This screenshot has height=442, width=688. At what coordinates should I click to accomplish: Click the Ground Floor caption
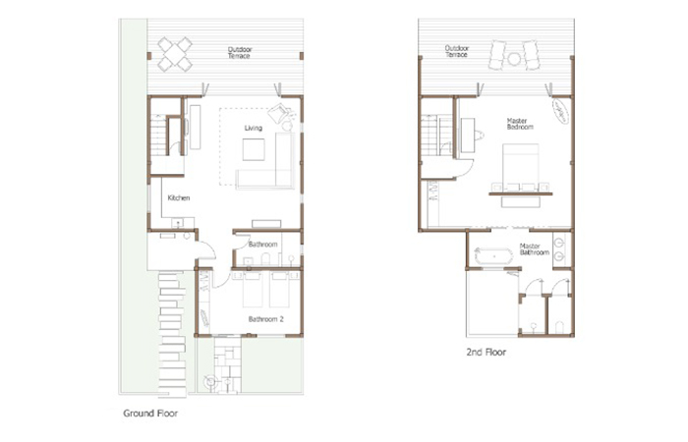150,414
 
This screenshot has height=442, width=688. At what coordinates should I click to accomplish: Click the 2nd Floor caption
487,352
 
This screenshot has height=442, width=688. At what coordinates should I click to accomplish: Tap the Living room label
254,128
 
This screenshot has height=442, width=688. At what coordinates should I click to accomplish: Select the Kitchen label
179,197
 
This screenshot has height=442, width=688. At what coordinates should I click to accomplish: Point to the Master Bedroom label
520,124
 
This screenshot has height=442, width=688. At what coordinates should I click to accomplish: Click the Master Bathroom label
535,249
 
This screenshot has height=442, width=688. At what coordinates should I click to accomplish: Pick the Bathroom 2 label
266,319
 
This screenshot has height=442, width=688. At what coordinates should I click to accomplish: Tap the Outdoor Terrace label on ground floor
239,53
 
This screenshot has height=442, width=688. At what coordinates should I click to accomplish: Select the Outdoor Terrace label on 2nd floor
457,51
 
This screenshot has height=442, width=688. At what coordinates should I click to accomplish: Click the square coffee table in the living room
254,149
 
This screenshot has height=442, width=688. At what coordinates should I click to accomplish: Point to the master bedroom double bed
520,167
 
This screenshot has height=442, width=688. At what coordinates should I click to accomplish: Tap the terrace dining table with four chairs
175,54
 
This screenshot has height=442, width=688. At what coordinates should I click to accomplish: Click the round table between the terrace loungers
514,59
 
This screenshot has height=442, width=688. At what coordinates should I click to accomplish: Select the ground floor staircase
158,136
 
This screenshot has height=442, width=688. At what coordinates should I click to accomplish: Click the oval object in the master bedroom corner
560,111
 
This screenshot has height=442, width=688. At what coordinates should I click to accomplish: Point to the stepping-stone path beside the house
172,334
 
